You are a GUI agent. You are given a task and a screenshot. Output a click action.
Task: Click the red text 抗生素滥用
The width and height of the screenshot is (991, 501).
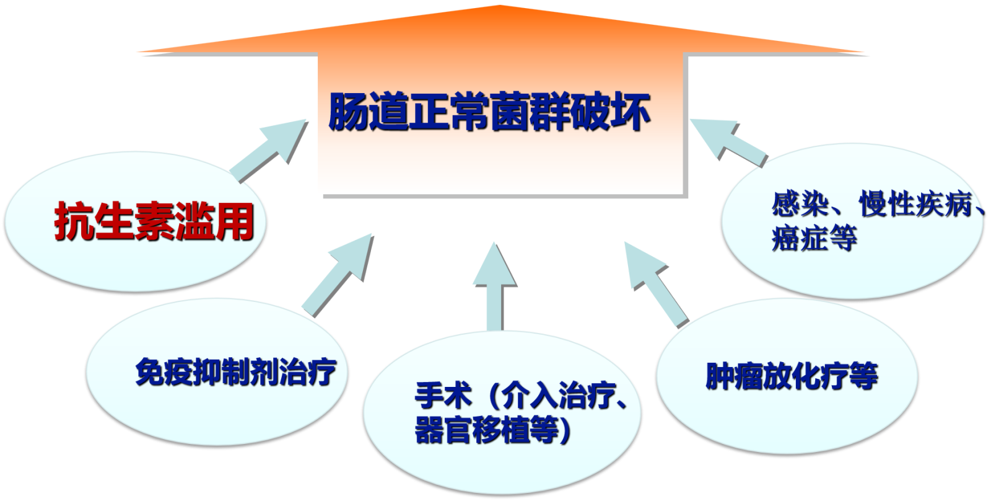pos(154,221)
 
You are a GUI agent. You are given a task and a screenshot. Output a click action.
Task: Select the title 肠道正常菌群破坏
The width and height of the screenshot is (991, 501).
pos(489,112)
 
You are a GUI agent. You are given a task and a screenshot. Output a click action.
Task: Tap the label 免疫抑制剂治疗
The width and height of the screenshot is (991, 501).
pos(236,372)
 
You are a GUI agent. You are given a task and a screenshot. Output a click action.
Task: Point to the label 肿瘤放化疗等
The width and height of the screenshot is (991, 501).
pos(792,376)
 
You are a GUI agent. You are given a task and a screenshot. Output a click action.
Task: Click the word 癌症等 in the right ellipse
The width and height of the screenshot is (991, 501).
pos(814,238)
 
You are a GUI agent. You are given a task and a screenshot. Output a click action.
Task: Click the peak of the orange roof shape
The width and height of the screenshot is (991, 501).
pos(500,7)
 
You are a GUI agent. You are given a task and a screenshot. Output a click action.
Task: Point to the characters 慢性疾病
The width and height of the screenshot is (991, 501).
pos(915,204)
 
